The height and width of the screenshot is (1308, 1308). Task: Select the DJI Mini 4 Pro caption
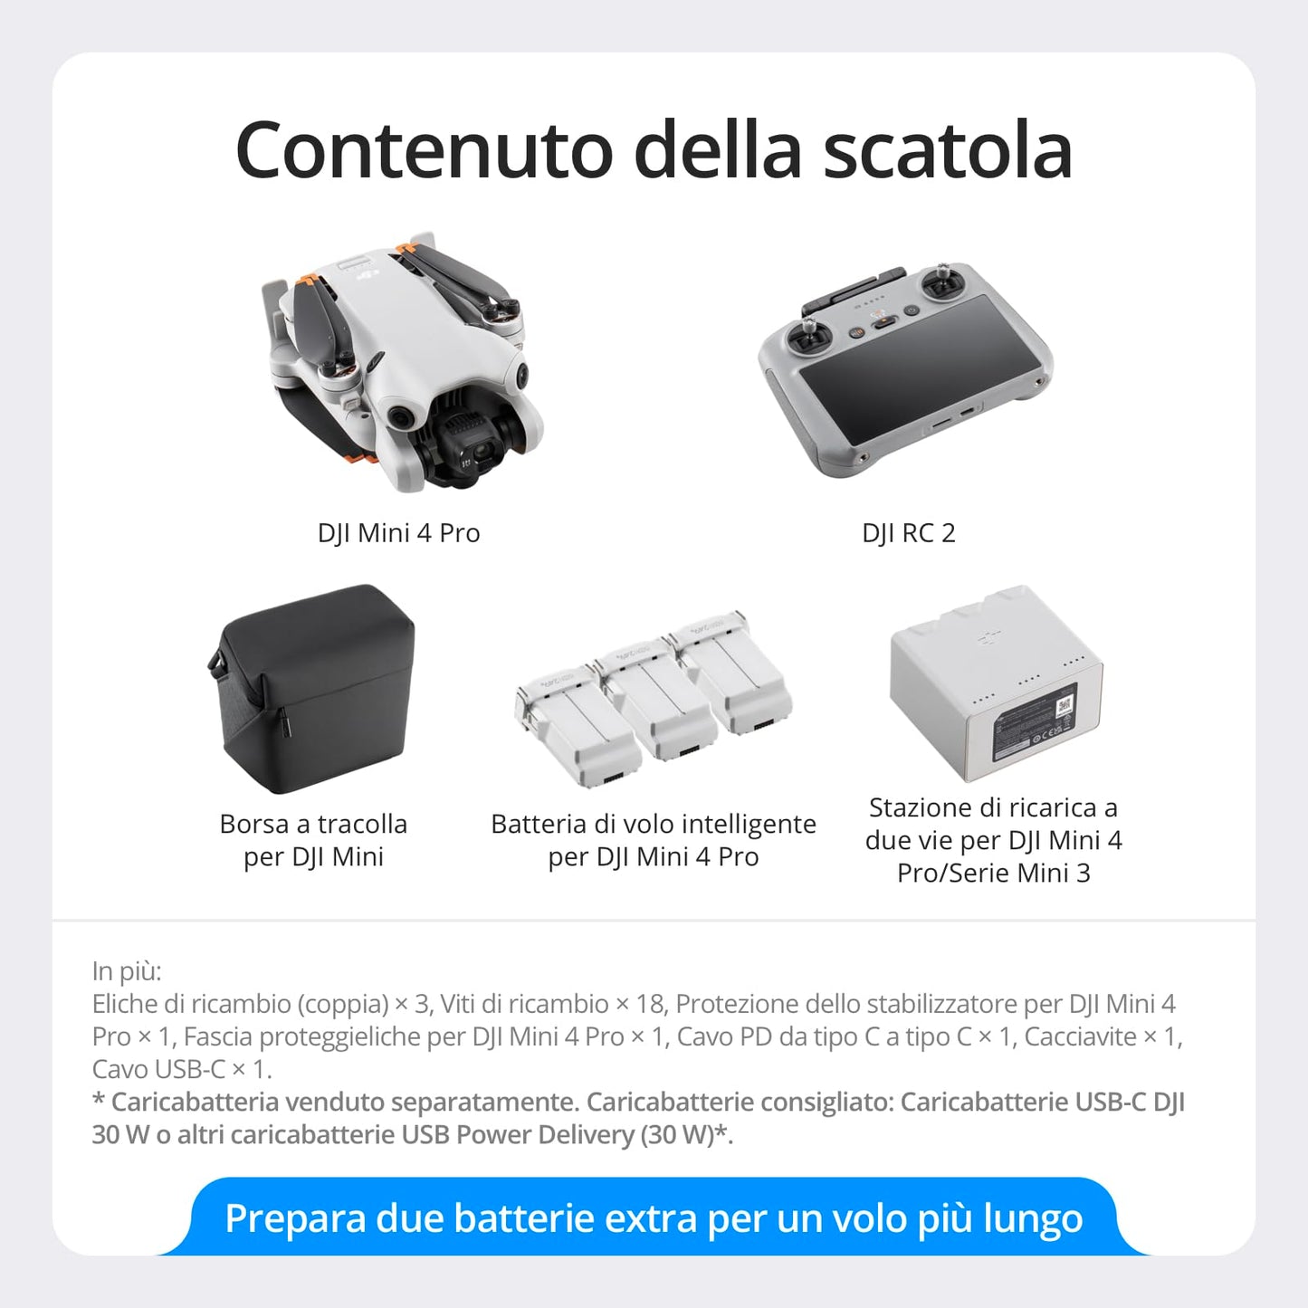tap(398, 533)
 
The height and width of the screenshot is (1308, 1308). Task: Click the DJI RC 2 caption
tap(908, 533)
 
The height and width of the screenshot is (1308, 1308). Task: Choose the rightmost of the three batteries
tap(733, 674)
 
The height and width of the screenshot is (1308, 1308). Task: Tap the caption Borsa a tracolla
tap(313, 824)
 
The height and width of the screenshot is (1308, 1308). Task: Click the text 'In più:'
tap(127, 971)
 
